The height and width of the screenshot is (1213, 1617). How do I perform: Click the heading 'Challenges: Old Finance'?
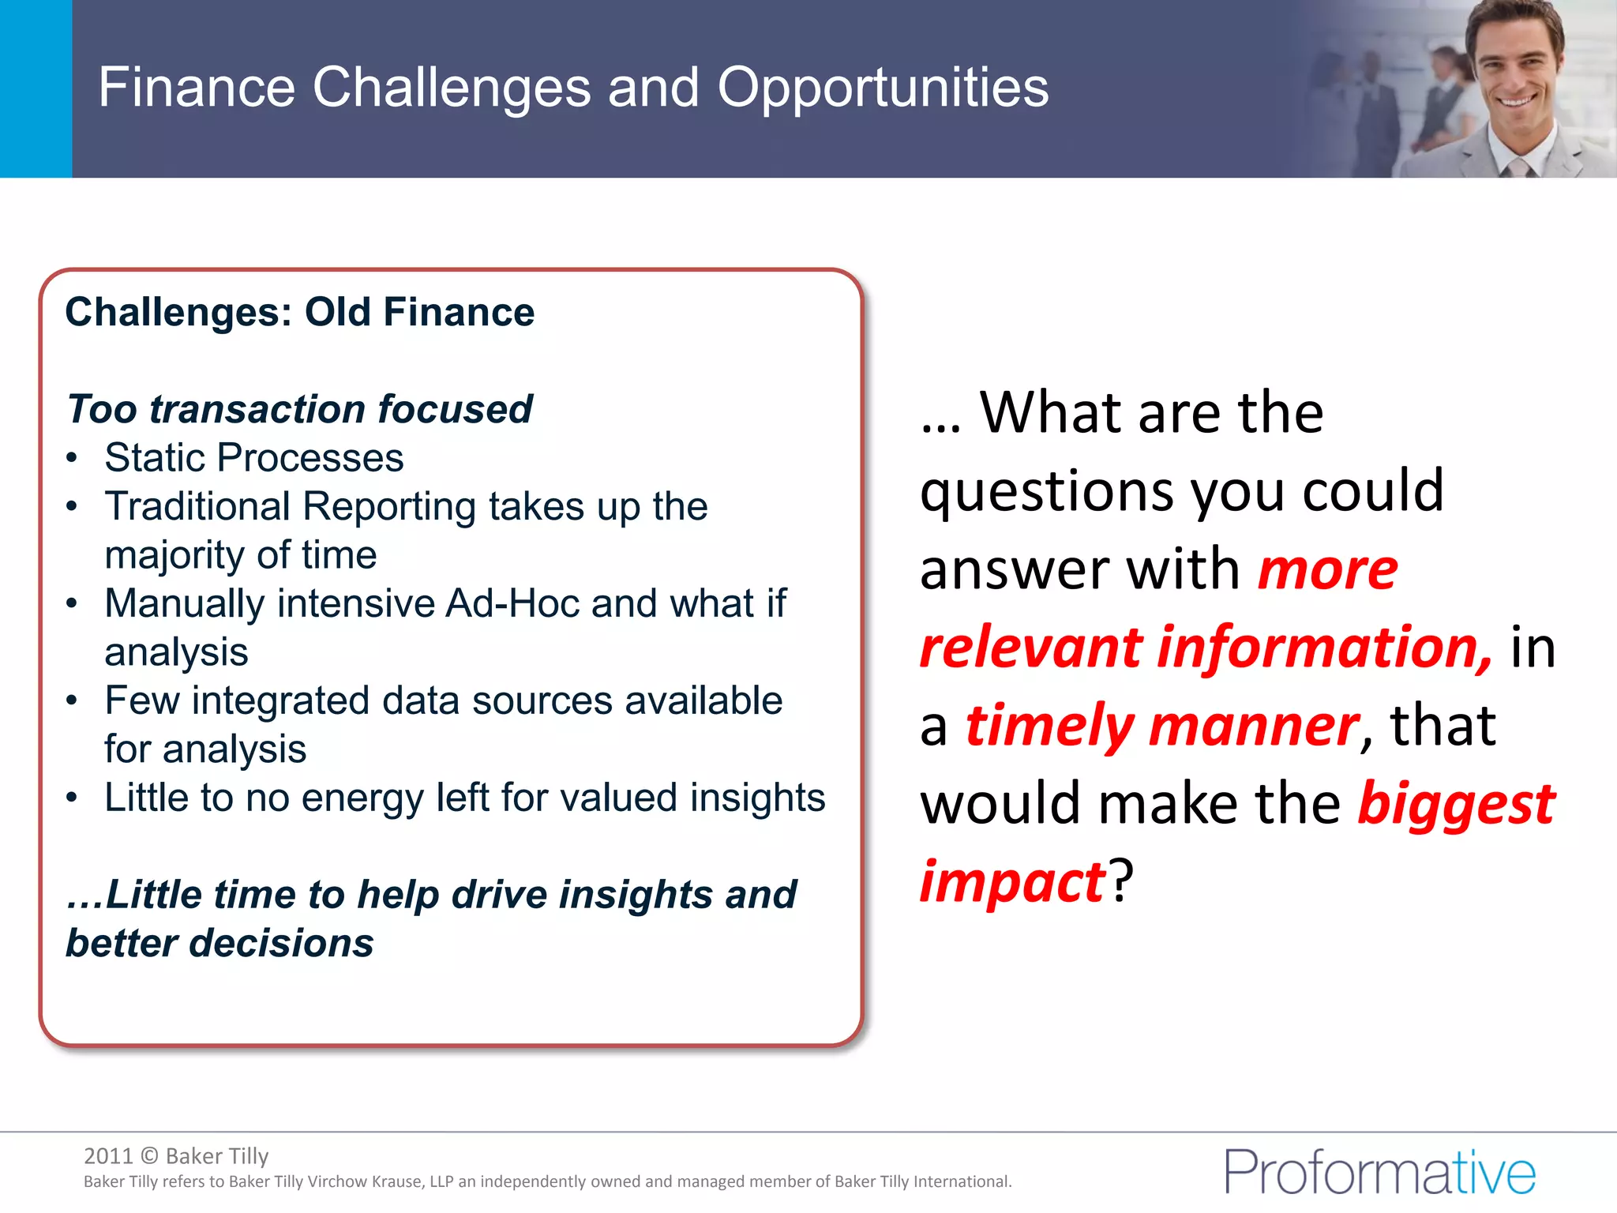300,312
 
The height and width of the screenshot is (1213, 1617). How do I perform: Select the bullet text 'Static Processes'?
254,458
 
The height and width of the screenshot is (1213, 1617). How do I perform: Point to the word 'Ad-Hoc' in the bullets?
513,603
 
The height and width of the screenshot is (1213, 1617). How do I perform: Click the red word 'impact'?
1013,882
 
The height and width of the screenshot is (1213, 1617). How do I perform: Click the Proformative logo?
1379,1172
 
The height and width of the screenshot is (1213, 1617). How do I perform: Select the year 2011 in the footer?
108,1156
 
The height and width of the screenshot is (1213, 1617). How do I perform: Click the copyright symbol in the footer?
149,1156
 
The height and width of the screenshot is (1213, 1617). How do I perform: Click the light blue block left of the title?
36,88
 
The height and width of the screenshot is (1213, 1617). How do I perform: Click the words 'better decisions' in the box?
219,943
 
